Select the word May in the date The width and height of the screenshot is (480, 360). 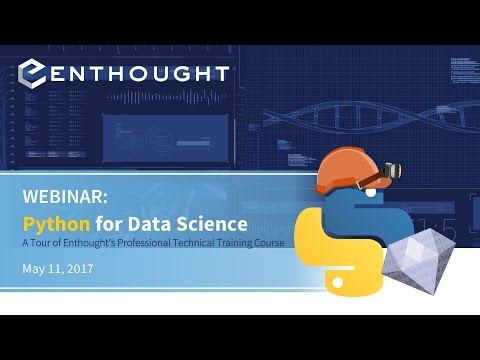tap(34, 268)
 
